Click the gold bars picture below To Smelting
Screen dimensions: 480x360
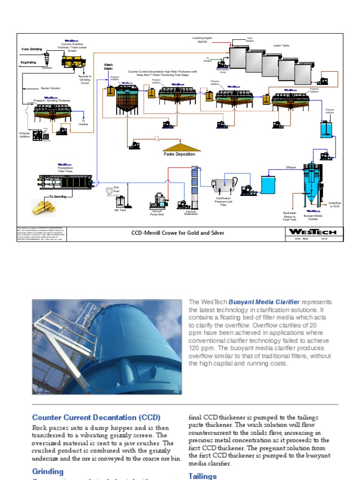pos(43,207)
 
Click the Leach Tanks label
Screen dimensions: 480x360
pos(282,46)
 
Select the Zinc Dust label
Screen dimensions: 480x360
pos(116,188)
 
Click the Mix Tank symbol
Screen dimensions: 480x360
pos(122,202)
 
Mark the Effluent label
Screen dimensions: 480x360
pos(292,167)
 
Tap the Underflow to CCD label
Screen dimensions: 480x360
pos(335,204)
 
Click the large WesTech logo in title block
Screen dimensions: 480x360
pos(312,232)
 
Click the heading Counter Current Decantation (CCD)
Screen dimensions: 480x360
pos(96,417)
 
